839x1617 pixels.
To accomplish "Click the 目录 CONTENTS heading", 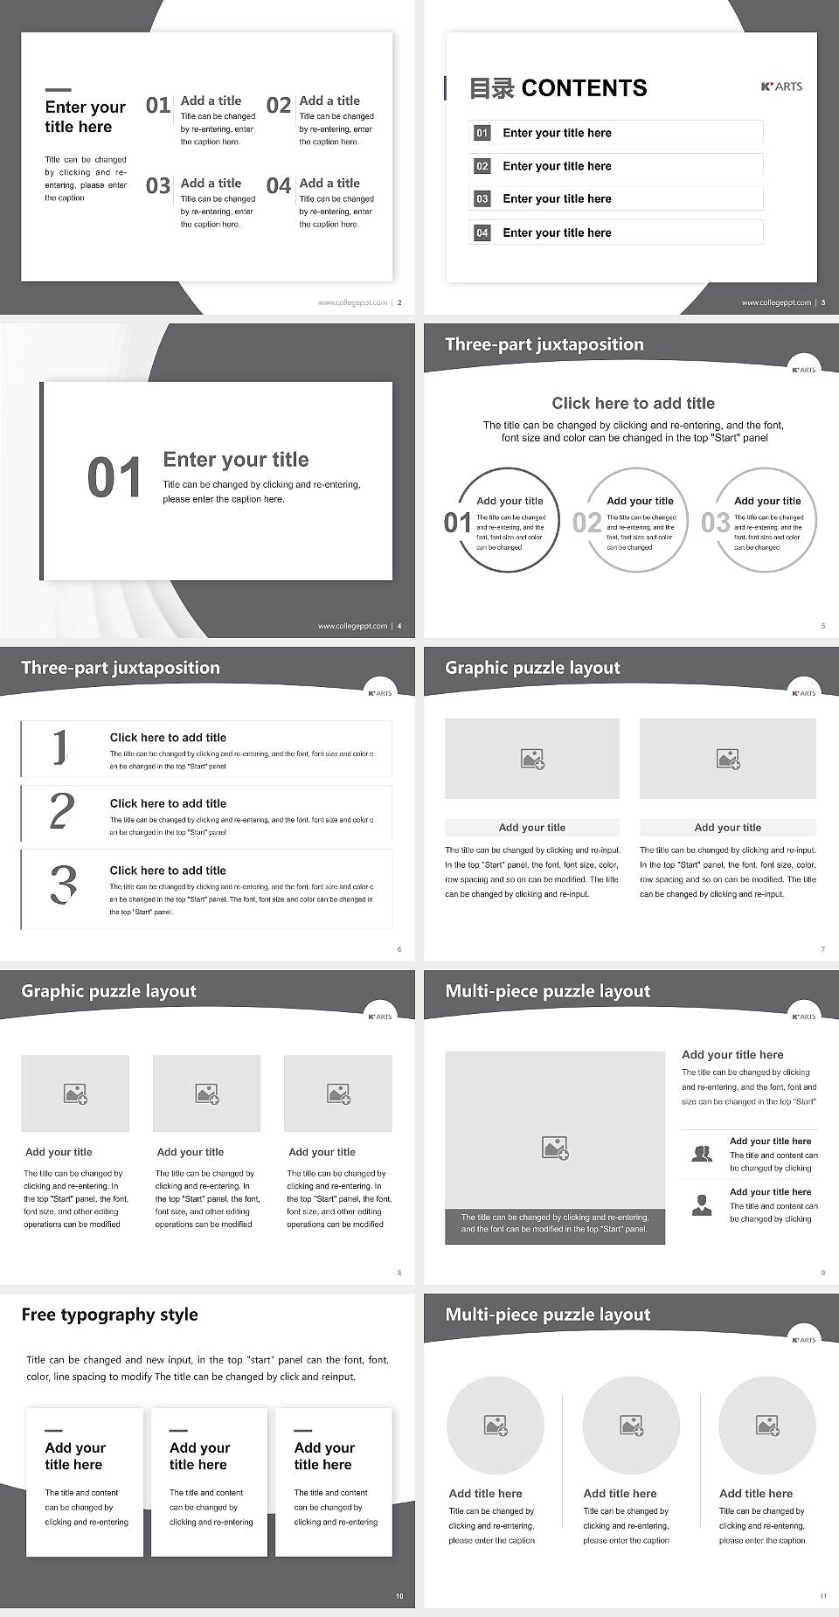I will [558, 88].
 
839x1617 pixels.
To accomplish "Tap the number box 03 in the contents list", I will [482, 199].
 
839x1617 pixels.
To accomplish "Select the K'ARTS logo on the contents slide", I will [781, 87].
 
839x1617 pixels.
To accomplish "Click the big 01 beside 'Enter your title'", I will [114, 478].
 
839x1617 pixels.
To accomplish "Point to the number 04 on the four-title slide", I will [279, 186].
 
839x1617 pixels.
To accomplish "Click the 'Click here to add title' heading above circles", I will [633, 403].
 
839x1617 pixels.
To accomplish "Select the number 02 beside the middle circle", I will [586, 523].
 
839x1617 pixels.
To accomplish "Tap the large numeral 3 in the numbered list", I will [63, 885].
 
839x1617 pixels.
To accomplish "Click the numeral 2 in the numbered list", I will [62, 811].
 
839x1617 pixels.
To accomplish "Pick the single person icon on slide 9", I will [701, 1205].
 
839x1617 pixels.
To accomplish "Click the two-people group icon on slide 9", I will [701, 1154].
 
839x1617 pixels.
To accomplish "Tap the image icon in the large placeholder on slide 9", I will [555, 1148].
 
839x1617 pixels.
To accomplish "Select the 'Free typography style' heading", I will [109, 1315].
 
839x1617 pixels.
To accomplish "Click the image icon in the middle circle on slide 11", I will [631, 1426].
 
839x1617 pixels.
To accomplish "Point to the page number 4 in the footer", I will [399, 626].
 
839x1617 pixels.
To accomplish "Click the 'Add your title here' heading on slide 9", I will [732, 1055].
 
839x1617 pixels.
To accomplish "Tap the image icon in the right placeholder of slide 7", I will [728, 759].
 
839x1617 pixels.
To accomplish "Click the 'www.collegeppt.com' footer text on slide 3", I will [776, 302].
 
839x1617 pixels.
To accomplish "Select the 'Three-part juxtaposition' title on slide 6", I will [121, 668].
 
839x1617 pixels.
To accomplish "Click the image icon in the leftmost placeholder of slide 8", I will [75, 1093].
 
